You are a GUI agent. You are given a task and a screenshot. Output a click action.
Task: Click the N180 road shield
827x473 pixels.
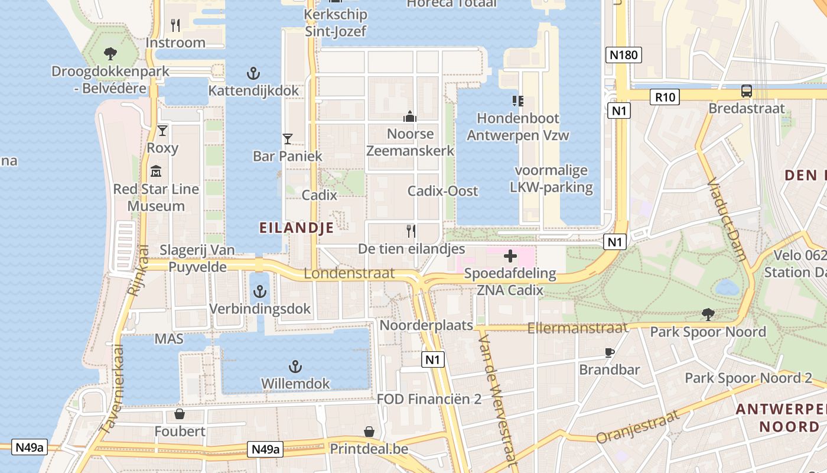click(x=624, y=55)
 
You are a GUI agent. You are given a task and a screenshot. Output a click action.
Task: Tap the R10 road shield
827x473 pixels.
click(x=665, y=96)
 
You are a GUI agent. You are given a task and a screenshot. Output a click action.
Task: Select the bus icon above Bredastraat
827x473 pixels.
click(x=747, y=91)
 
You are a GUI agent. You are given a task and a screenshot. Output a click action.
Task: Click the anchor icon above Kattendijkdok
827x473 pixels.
click(x=253, y=74)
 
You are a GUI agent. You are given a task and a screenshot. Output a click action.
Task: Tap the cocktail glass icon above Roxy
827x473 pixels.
click(x=162, y=131)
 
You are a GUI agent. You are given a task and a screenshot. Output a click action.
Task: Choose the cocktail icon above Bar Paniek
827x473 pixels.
click(x=288, y=139)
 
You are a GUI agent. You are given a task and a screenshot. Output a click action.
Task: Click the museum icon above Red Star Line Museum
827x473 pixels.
click(x=156, y=171)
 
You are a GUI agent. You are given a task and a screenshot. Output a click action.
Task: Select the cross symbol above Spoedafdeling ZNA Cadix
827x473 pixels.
click(x=510, y=257)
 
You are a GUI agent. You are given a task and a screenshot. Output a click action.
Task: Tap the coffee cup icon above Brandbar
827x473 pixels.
click(x=610, y=353)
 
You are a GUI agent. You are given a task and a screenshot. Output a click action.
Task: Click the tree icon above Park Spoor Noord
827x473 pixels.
click(x=708, y=314)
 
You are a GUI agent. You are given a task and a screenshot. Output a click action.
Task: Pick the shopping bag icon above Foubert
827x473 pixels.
click(x=180, y=414)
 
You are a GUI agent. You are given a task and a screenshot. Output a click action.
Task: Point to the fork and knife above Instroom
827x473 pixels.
click(x=175, y=25)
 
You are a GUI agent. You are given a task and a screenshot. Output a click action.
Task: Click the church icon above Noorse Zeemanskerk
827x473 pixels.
click(x=410, y=116)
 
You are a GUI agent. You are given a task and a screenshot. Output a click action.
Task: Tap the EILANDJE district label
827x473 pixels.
click(x=296, y=227)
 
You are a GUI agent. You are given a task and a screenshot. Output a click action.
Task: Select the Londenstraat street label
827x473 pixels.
click(x=349, y=273)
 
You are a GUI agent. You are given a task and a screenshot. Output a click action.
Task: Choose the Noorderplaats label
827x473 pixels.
click(x=426, y=325)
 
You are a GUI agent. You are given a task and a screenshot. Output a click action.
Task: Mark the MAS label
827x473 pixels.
click(x=169, y=339)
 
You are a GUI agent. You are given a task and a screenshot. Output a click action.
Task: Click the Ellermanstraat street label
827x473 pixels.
click(x=577, y=328)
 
